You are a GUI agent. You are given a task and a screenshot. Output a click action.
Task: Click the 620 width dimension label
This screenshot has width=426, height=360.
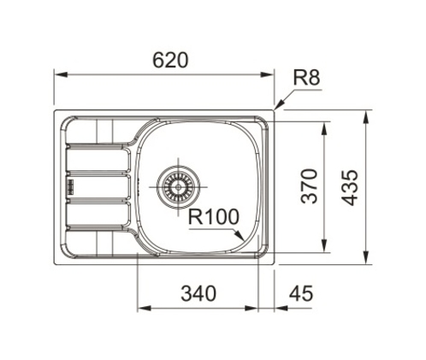click(x=170, y=60)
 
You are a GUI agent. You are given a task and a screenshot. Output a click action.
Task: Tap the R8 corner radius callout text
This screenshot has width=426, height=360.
click(x=306, y=78)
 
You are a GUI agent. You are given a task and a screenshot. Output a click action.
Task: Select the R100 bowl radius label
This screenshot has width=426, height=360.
click(x=214, y=217)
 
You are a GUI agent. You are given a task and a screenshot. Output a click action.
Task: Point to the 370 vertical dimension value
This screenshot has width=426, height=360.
click(x=309, y=186)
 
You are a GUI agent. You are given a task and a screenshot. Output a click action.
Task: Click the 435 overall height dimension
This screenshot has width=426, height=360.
click(x=350, y=187)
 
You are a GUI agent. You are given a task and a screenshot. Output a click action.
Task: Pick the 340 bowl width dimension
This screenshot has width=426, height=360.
click(x=198, y=293)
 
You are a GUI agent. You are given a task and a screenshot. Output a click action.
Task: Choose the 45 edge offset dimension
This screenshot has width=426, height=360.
click(x=301, y=293)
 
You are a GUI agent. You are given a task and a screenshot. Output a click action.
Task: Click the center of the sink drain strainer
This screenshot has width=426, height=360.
click(x=178, y=187)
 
